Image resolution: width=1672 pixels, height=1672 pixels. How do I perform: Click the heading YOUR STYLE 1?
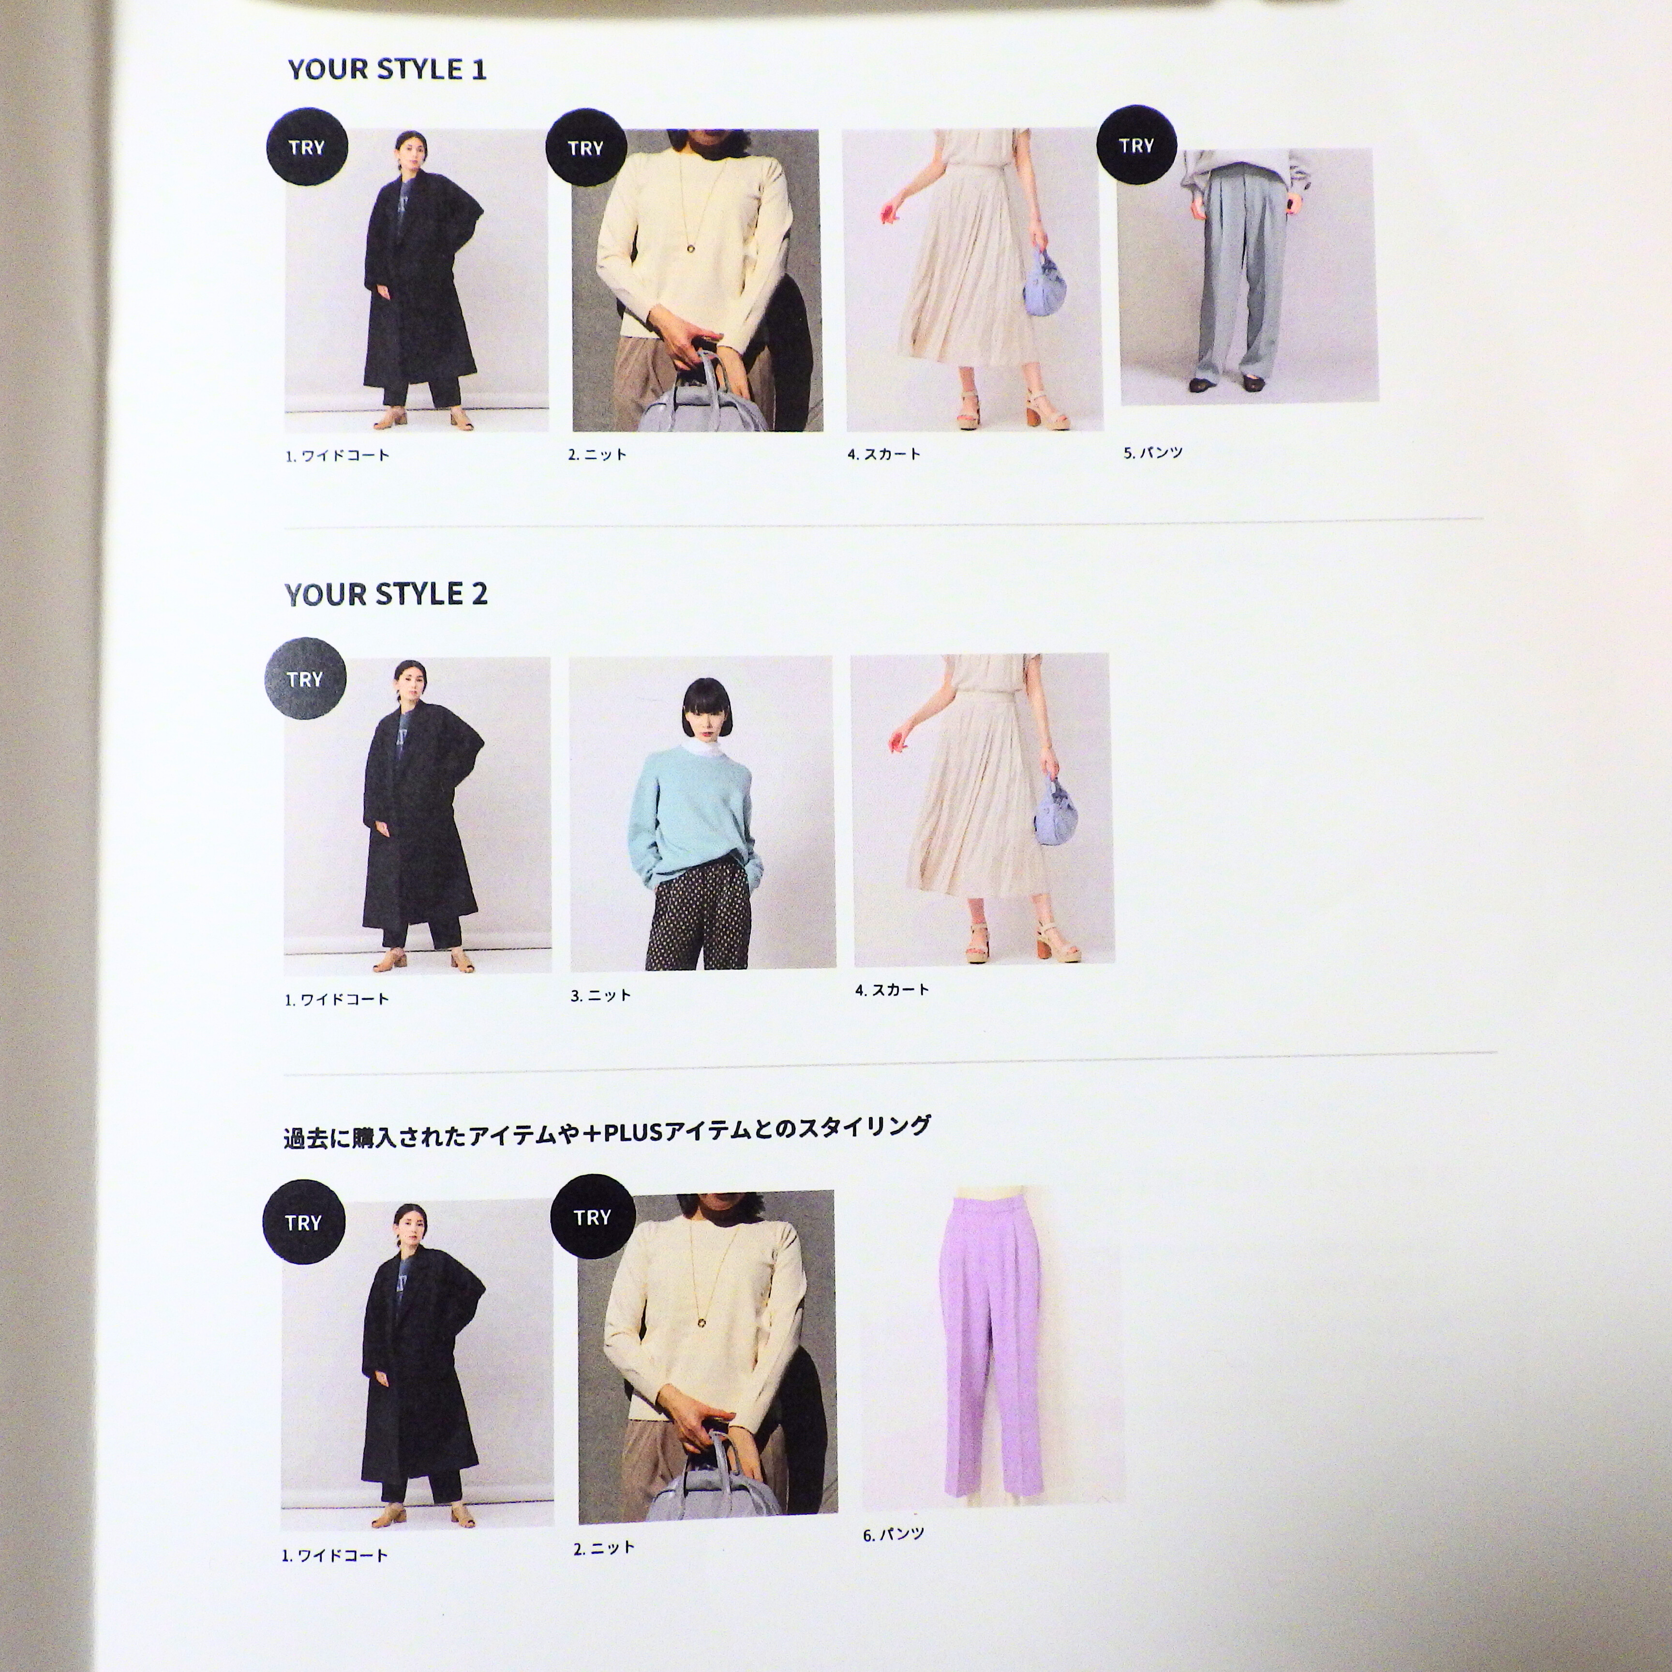(387, 69)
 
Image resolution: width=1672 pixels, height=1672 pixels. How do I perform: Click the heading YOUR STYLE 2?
(386, 594)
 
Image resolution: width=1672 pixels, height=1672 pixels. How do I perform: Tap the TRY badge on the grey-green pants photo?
(1136, 146)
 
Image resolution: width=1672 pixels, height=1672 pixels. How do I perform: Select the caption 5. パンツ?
(1153, 453)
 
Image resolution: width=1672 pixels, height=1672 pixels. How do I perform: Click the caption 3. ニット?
(600, 995)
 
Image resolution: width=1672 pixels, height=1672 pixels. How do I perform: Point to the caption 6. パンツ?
(893, 1535)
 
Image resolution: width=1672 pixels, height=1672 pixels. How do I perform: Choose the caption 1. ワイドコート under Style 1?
(338, 455)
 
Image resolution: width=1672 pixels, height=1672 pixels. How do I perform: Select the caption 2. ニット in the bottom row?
(604, 1547)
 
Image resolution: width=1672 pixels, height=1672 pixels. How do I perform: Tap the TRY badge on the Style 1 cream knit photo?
(586, 148)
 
